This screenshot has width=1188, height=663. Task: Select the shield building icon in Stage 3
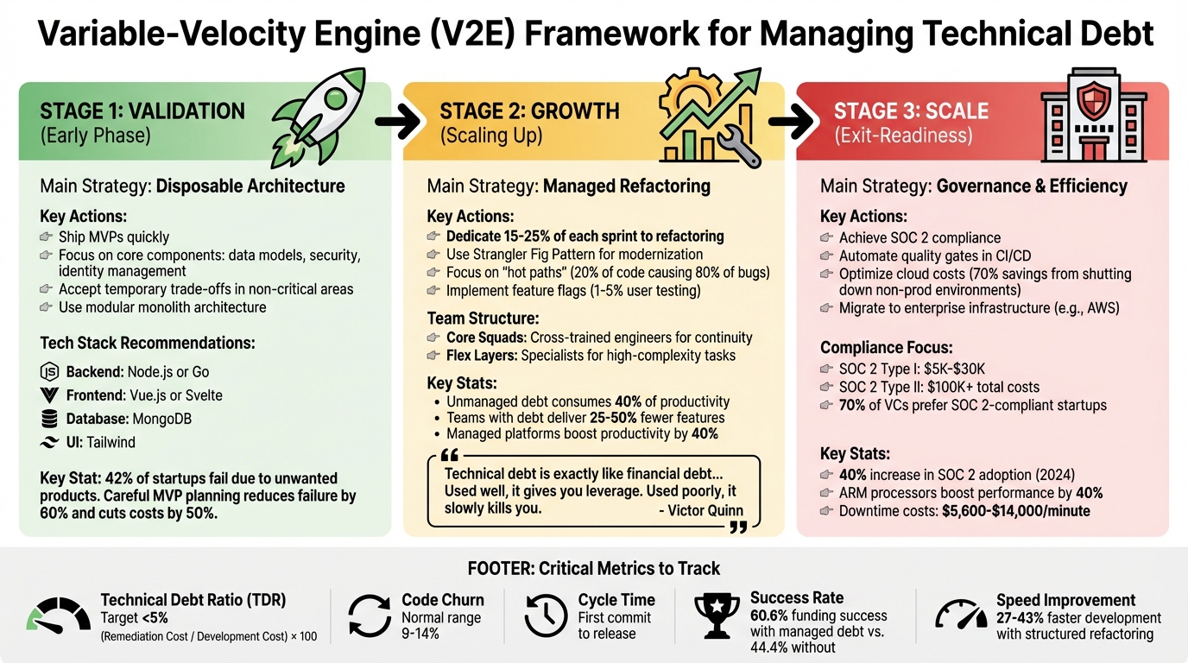coord(1092,118)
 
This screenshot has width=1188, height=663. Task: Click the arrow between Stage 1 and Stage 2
coord(399,123)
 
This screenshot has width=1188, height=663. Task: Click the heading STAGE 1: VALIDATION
coord(142,111)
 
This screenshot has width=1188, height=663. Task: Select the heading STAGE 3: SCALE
coord(911,111)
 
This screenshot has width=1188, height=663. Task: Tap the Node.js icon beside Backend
coord(49,372)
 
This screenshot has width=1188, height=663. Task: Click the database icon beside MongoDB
coord(49,420)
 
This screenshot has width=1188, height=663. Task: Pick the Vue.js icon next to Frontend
coord(49,396)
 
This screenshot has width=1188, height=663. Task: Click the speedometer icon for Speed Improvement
coord(961,615)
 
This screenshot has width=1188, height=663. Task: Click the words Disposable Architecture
coord(250,186)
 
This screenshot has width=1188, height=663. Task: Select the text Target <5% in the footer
coord(134,618)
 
